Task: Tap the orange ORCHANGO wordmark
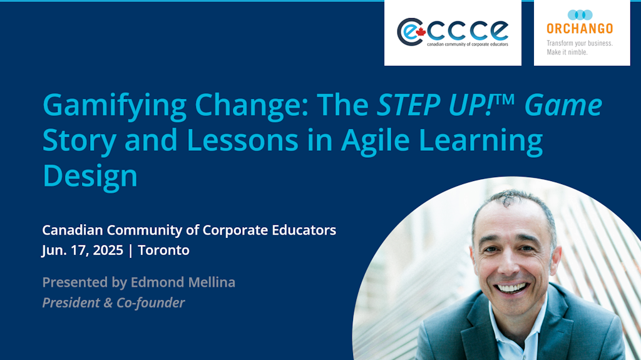[x=580, y=29]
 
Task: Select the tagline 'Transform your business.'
[x=580, y=43]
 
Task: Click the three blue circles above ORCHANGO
[x=580, y=14]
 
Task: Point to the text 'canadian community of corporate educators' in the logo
[x=468, y=44]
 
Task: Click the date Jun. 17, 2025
[x=82, y=250]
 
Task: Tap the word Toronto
[x=163, y=250]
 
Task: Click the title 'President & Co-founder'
[x=113, y=303]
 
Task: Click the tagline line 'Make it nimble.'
[x=567, y=52]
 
